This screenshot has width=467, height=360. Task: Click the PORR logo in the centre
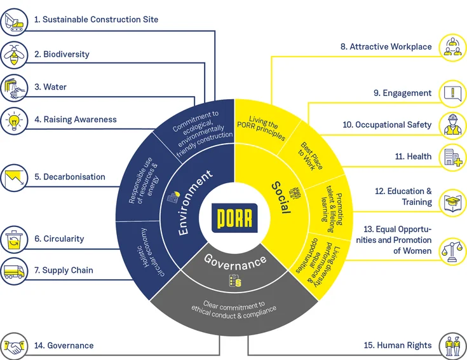(234, 217)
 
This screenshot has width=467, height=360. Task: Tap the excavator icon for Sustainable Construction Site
(13, 20)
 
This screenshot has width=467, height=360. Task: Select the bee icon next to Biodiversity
(13, 54)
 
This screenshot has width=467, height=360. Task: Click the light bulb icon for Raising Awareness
(13, 119)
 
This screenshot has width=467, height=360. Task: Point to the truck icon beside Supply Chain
(13, 271)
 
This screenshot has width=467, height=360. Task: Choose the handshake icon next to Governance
(13, 345)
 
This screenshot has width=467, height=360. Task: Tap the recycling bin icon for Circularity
(13, 240)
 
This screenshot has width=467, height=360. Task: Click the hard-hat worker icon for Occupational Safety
(452, 125)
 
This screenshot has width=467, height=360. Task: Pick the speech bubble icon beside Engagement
(452, 93)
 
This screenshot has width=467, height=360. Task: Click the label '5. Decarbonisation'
(69, 177)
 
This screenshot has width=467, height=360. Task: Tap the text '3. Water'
(50, 87)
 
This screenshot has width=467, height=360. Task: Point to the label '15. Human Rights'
(398, 345)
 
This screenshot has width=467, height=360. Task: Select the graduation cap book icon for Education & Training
(452, 201)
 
